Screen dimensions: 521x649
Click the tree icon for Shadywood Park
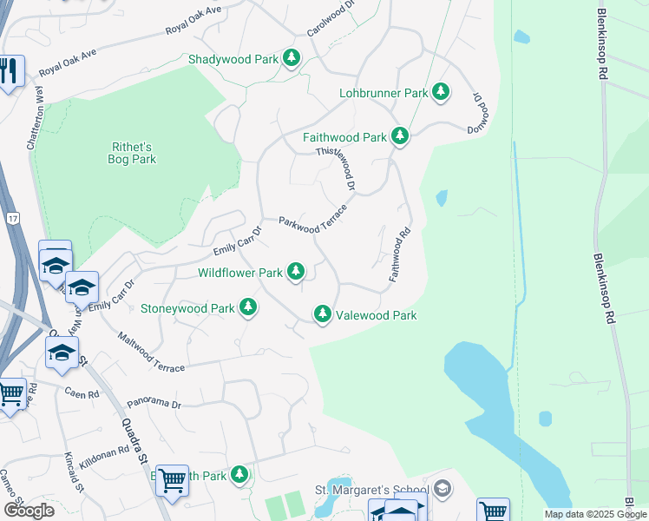[292, 58]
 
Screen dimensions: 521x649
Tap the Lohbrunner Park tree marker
[441, 92]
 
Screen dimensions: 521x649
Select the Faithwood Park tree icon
[400, 136]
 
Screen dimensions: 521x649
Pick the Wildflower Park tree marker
[296, 272]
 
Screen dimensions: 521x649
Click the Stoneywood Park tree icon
[248, 307]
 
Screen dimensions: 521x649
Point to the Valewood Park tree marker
[323, 314]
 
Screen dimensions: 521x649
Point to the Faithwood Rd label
[398, 254]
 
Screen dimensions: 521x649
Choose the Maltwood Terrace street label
[151, 354]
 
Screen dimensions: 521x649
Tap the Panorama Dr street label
[154, 404]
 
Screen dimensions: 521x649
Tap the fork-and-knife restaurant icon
[10, 71]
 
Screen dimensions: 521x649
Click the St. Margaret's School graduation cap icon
[443, 489]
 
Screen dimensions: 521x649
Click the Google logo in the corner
[29, 510]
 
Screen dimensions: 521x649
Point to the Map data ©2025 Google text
[595, 514]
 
